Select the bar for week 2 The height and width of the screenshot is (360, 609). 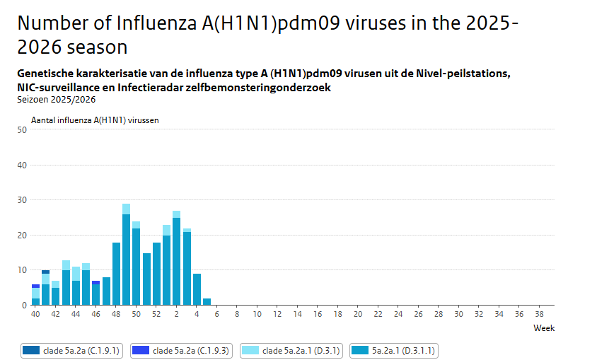(x=176, y=262)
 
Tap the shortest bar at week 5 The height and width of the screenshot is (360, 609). (x=207, y=302)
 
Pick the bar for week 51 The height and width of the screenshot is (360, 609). (x=146, y=279)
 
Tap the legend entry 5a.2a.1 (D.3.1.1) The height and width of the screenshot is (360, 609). (x=395, y=350)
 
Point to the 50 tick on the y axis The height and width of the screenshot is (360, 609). (x=22, y=129)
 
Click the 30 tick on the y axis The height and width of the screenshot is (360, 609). (x=22, y=200)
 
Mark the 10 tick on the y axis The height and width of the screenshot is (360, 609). (x=22, y=270)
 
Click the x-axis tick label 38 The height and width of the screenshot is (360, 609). (x=539, y=314)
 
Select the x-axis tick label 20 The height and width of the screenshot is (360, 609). (x=358, y=314)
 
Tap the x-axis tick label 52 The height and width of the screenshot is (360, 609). (x=156, y=314)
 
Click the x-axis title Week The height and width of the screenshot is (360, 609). (x=544, y=328)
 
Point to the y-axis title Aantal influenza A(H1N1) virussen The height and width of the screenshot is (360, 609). (x=95, y=120)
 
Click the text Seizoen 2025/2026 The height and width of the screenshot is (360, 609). (x=56, y=99)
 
